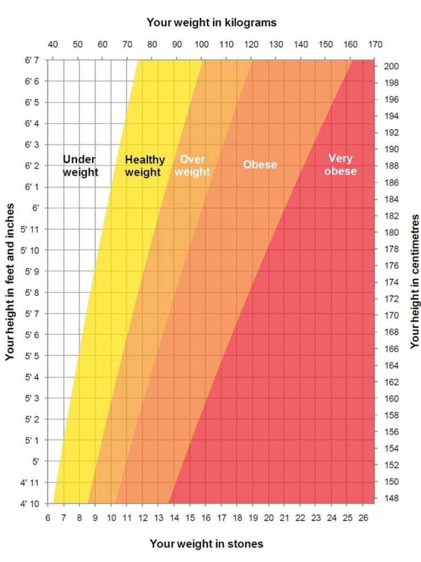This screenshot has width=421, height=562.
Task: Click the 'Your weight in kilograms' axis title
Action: click(x=211, y=23)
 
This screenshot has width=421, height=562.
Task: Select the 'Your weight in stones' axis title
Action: click(x=206, y=544)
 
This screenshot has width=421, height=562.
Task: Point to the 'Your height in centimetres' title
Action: click(x=414, y=282)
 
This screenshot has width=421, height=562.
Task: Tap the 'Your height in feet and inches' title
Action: click(x=9, y=282)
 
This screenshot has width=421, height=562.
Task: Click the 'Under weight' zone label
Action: click(x=80, y=166)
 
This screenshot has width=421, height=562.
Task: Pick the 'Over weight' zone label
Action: click(x=192, y=166)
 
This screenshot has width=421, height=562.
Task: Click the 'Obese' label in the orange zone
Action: click(x=260, y=164)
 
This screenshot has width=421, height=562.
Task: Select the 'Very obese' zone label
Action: click(x=340, y=165)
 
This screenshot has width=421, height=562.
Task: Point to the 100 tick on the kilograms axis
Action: click(x=202, y=44)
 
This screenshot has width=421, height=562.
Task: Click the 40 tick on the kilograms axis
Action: click(x=53, y=44)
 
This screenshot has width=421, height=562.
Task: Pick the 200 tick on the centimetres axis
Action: click(x=390, y=66)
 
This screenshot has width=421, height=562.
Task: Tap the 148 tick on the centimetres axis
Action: click(x=390, y=498)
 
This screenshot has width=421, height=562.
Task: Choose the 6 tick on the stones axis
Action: click(x=48, y=517)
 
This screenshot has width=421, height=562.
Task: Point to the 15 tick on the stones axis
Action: click(x=190, y=517)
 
